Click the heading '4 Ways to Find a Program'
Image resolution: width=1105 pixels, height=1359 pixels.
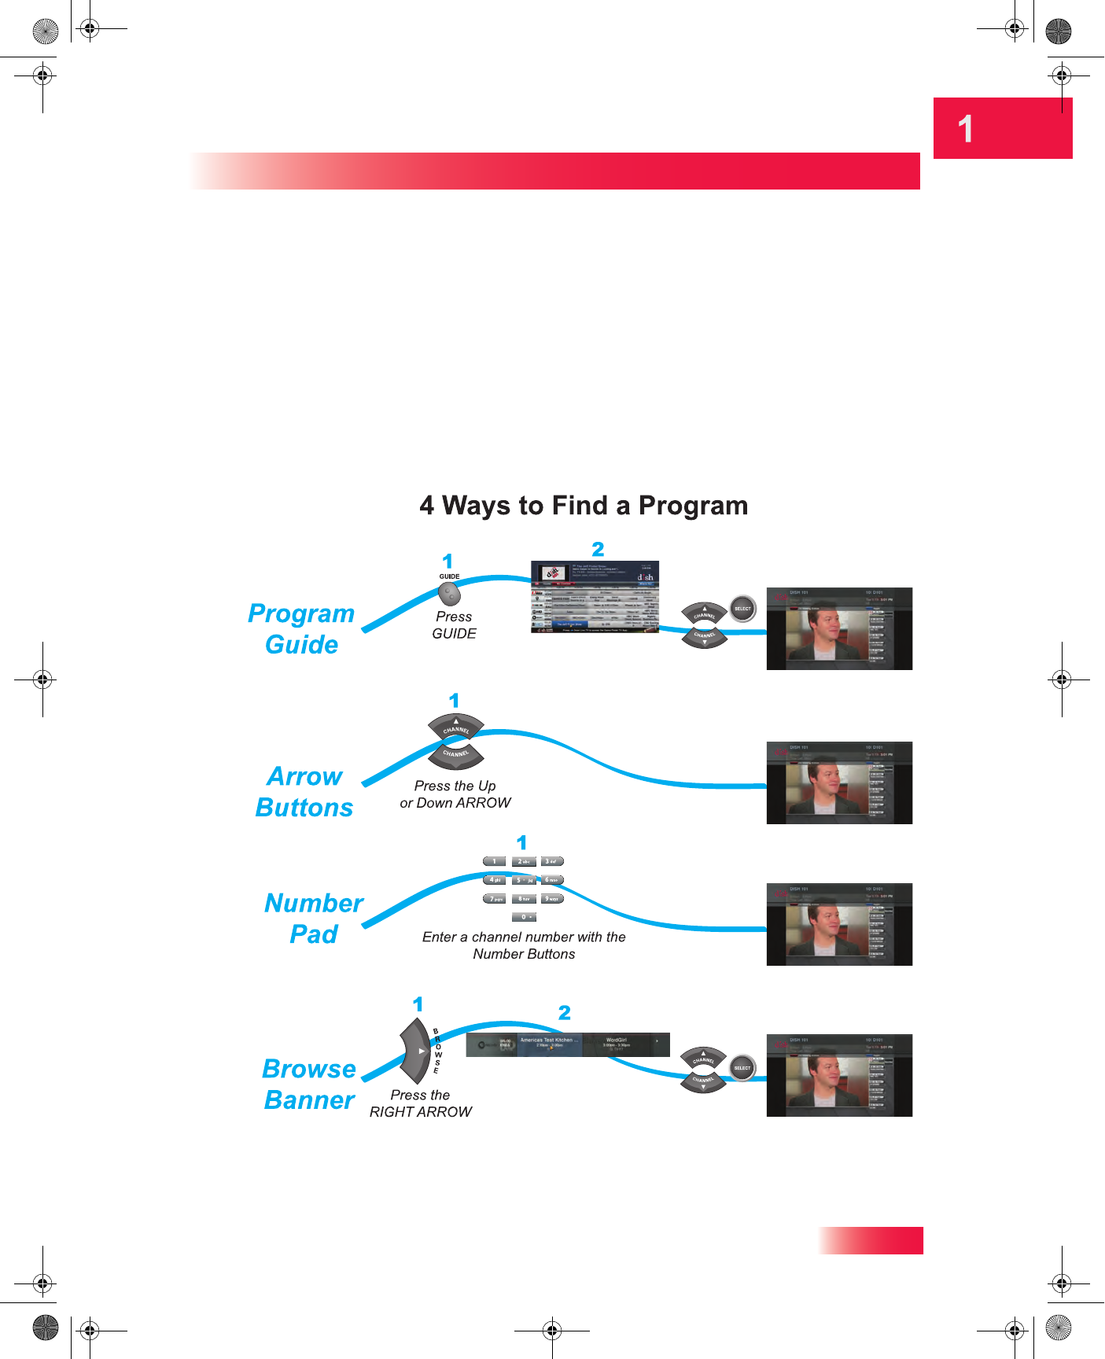pos(584,506)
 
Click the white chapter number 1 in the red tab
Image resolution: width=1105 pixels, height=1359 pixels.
pos(965,129)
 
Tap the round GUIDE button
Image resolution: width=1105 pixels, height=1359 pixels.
pos(449,595)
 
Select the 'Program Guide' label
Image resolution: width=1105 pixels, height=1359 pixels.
pos(301,629)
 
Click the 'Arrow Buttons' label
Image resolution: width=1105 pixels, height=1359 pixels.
pos(304,792)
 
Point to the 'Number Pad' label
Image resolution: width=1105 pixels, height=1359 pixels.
pos(314,919)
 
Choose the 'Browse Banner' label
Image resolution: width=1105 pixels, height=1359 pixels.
pos(309,1085)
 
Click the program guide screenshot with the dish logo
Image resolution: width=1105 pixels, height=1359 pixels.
pos(595,597)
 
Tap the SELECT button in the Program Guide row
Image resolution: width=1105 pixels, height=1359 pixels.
pos(742,609)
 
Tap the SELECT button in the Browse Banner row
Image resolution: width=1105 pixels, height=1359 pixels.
pos(742,1068)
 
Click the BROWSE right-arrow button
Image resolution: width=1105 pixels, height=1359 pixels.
pos(417,1051)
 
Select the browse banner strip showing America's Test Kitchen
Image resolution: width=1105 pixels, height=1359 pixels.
pos(568,1044)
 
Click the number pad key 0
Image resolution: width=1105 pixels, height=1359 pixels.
pos(524,917)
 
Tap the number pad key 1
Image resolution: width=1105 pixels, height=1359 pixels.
pos(494,862)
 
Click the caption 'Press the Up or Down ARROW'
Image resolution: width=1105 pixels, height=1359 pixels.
pos(455,794)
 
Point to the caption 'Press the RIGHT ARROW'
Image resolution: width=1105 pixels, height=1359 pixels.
pos(421,1103)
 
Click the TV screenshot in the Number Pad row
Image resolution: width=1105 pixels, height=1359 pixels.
pos(839,925)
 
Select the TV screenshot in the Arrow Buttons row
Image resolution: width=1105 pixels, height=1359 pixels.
pos(839,783)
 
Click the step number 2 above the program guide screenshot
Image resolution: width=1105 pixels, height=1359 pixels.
pos(598,549)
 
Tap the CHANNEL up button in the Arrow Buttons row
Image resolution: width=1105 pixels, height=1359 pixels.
pos(455,727)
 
